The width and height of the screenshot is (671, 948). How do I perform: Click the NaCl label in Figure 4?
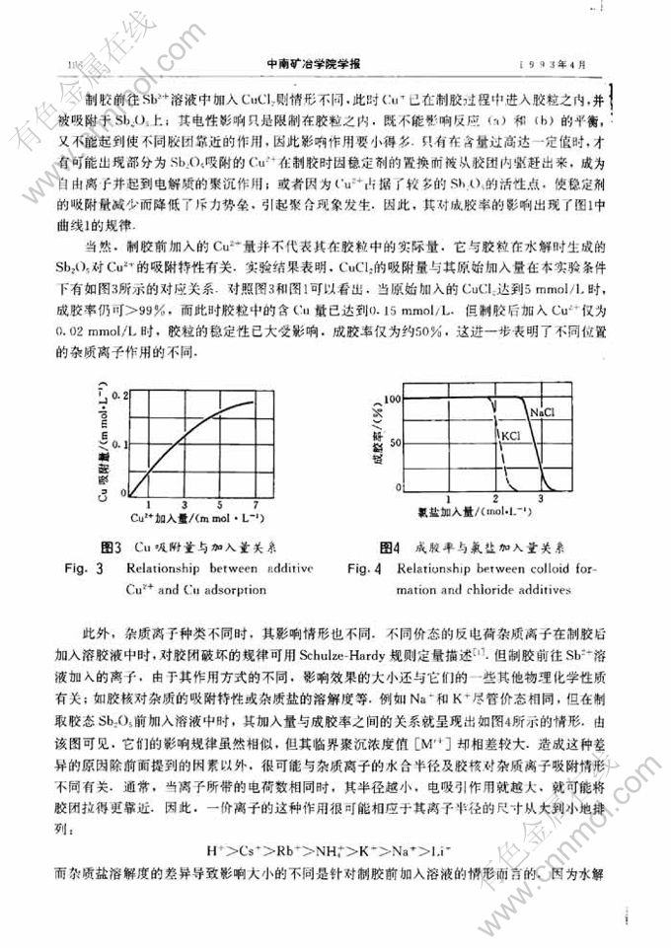click(540, 410)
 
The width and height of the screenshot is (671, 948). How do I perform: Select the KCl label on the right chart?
click(510, 435)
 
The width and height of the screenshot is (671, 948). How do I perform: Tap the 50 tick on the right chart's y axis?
click(398, 444)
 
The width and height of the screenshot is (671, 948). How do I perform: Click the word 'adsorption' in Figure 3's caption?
click(240, 590)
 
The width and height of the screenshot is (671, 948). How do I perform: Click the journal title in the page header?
click(315, 64)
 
